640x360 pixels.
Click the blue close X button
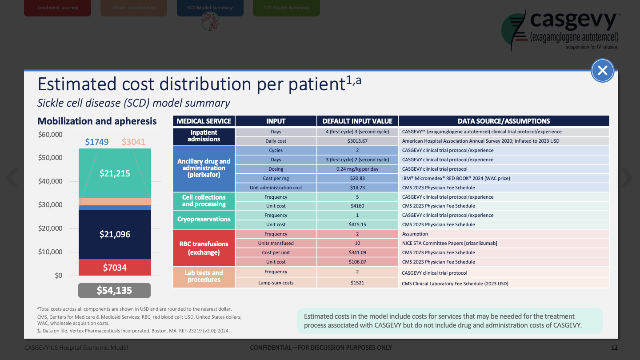602,70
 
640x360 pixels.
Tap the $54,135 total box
114,291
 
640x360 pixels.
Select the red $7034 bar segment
115,268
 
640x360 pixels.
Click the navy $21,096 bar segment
115,234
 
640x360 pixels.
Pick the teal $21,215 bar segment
115,173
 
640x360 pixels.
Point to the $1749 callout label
96,142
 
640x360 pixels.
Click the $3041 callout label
133,142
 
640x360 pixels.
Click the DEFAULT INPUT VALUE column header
357,121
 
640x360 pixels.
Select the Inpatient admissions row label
204,136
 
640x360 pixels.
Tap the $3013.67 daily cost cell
357,141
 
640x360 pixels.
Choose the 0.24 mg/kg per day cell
357,169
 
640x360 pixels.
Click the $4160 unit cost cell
357,206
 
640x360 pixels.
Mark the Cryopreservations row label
204,220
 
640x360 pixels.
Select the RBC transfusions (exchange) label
204,248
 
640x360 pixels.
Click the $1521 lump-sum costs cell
357,283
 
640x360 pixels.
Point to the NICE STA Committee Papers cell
449,243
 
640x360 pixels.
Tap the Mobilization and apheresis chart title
97,121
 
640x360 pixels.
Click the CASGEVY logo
560,29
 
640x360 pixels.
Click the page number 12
614,348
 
